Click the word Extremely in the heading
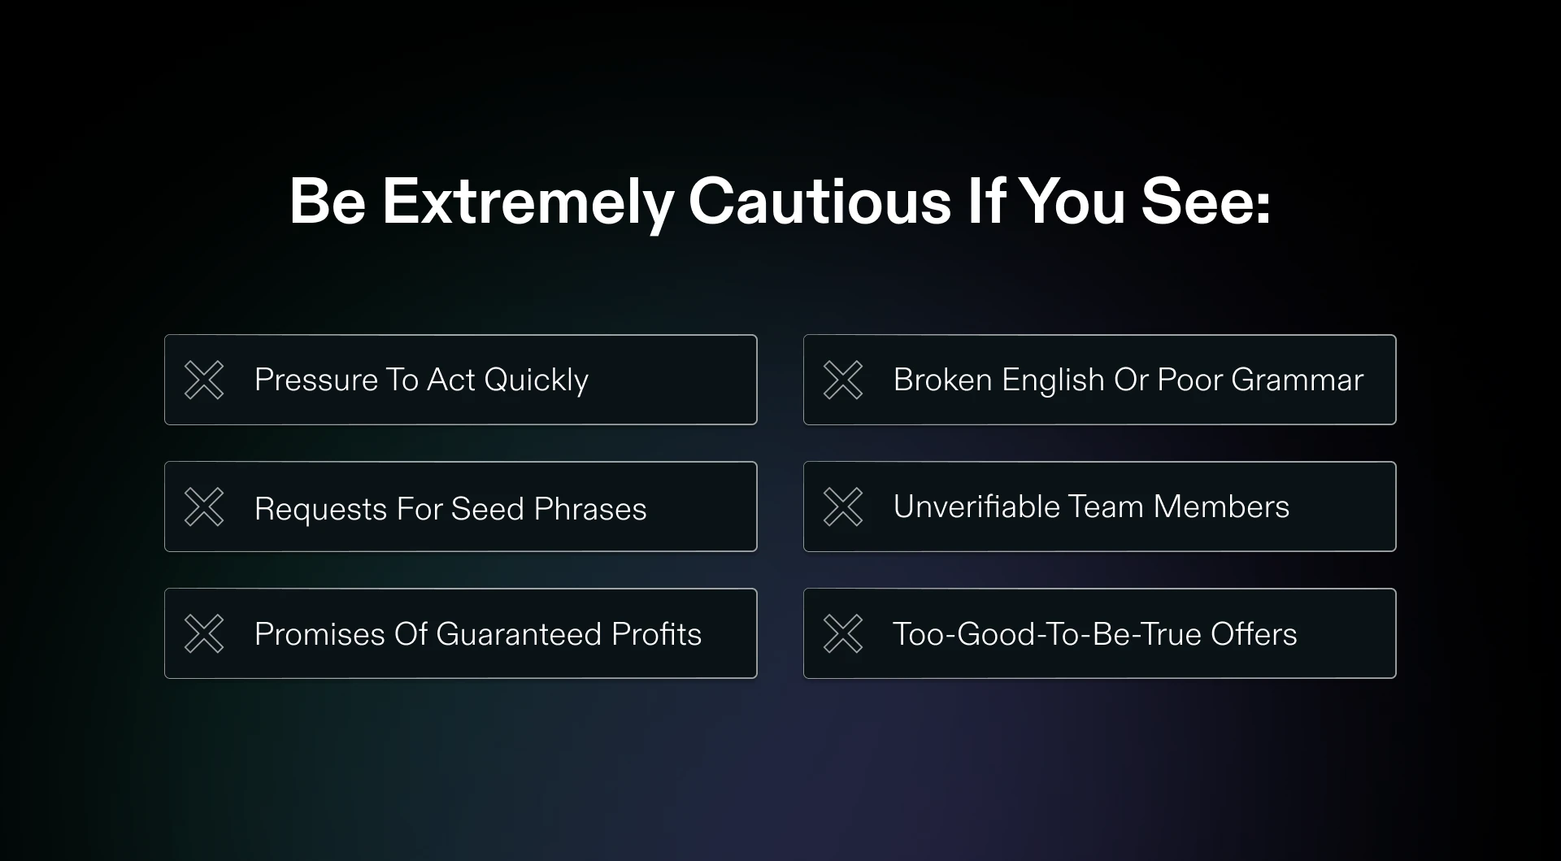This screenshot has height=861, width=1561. point(528,202)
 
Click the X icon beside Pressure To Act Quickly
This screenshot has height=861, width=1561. point(204,380)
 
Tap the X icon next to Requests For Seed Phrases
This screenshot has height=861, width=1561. point(204,507)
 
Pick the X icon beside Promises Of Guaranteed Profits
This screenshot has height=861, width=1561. point(204,633)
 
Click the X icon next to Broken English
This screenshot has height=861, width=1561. point(843,380)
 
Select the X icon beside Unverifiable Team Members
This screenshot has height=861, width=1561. point(843,507)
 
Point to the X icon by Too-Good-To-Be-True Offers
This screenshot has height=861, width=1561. point(843,633)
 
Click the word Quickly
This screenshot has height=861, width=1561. point(536,380)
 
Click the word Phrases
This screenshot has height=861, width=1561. point(590,509)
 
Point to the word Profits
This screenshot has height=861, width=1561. point(657,634)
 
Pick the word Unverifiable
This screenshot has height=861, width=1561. point(976,507)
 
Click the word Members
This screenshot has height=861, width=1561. point(1221,507)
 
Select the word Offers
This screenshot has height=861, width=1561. point(1254,634)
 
